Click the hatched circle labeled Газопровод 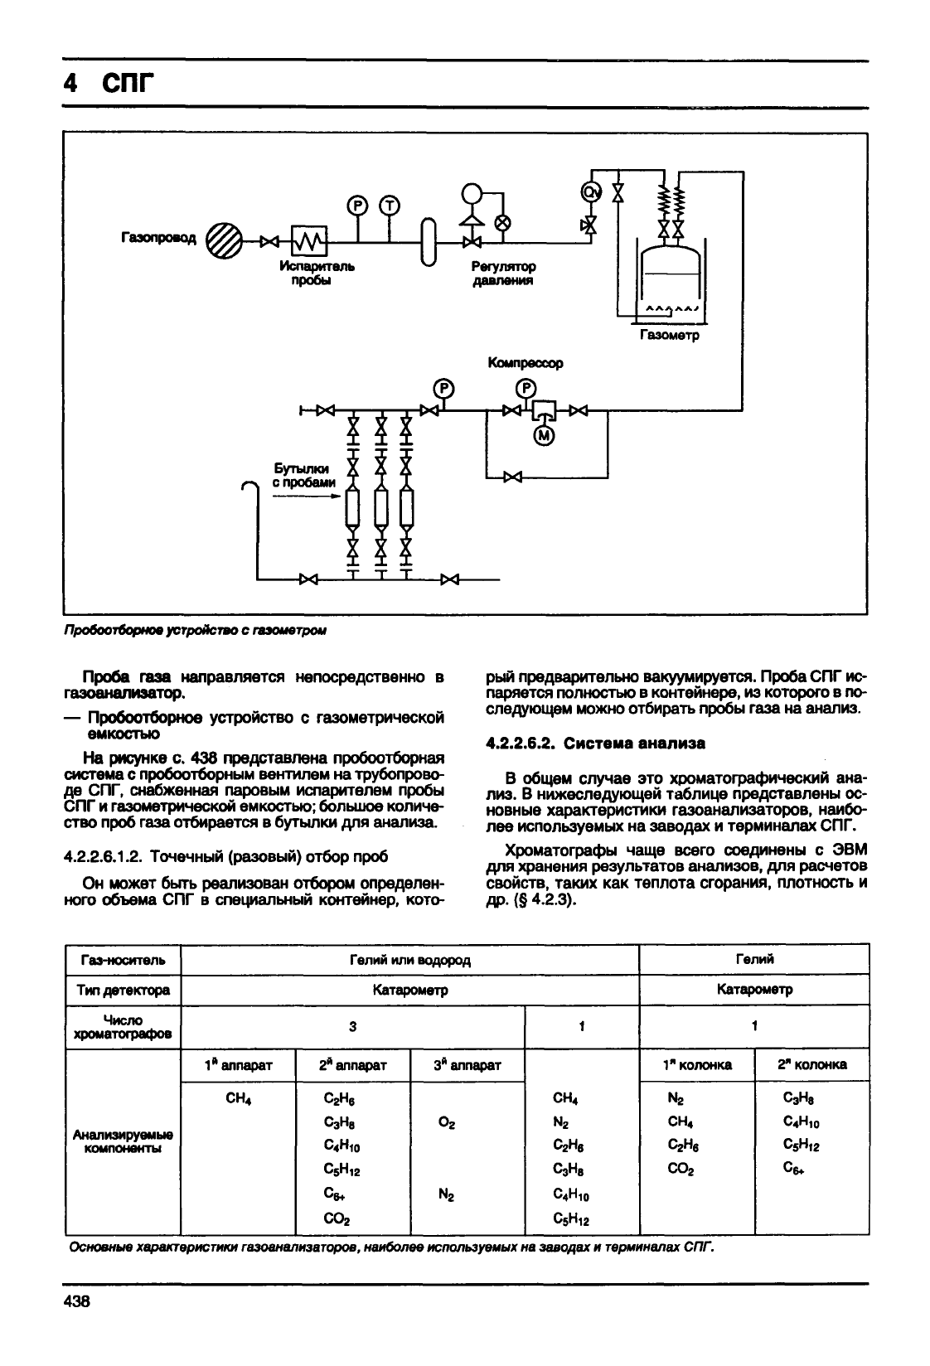224,240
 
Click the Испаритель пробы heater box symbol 308,241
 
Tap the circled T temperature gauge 390,206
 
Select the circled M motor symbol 544,435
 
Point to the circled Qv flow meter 591,192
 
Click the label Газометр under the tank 669,335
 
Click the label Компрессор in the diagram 525,363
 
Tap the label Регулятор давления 503,274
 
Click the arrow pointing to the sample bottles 306,497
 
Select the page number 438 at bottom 77,1301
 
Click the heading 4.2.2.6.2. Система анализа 595,744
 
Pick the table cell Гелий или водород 409,960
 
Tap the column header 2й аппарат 352,1065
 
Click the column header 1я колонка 697,1064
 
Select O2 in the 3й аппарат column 447,1122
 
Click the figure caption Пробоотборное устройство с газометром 195,631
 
